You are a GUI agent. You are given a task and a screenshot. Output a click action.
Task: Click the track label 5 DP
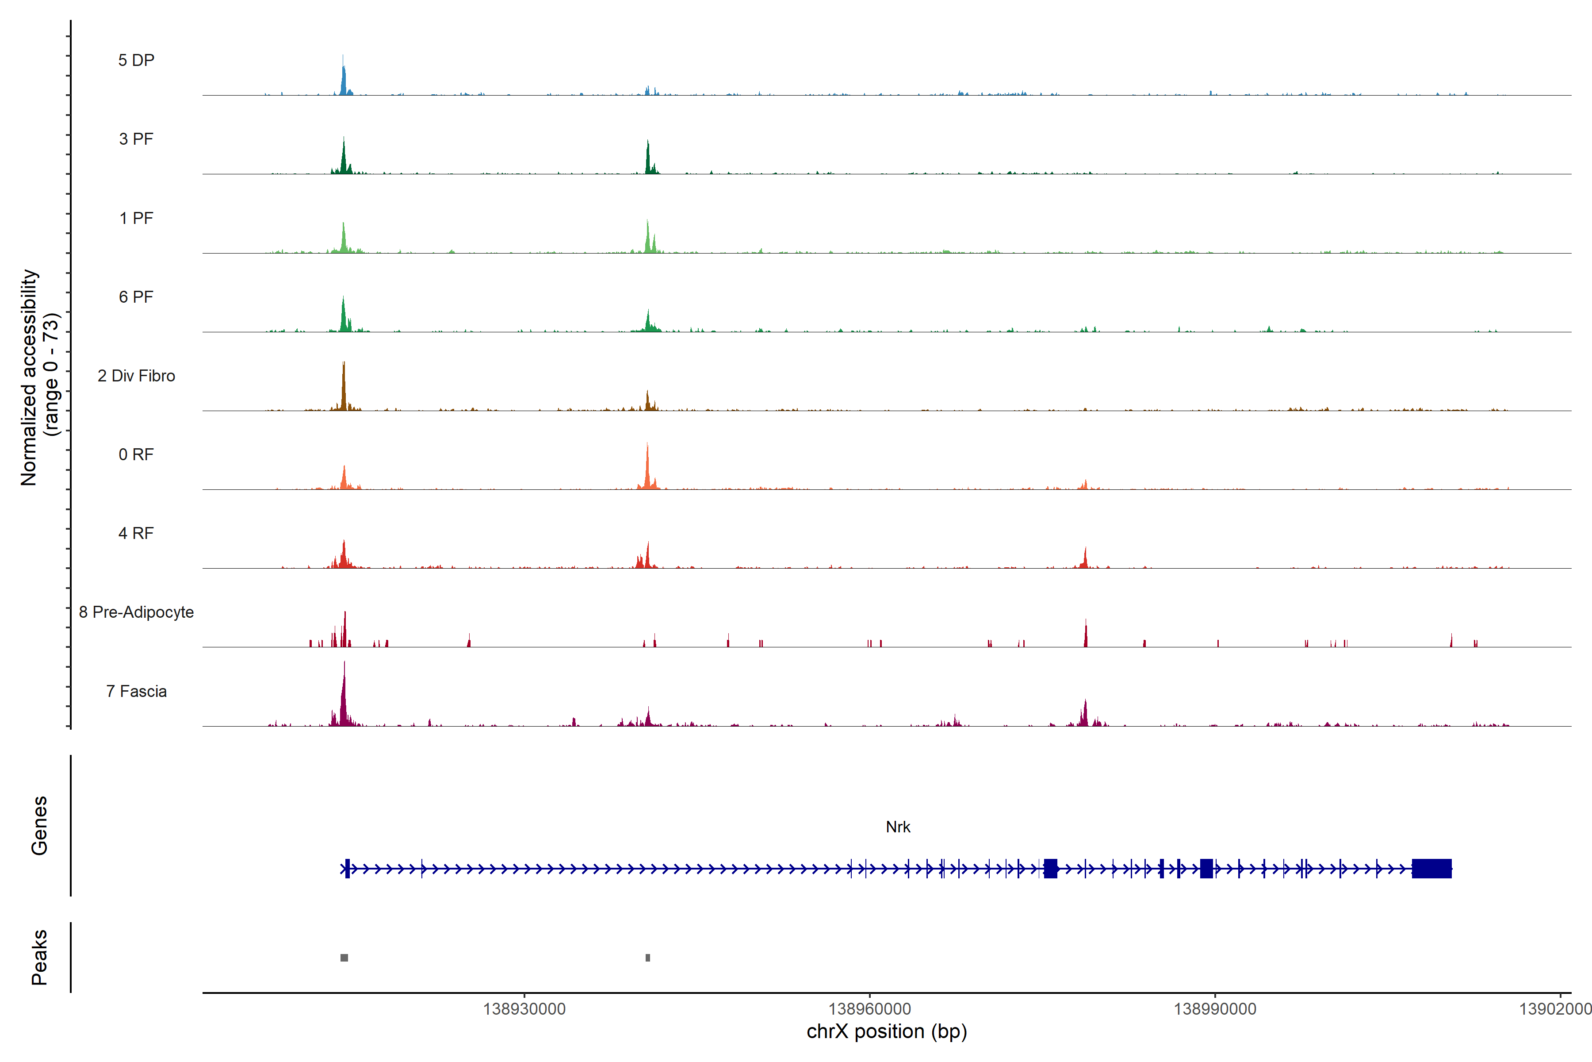(136, 60)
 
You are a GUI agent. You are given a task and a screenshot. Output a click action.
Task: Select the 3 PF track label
(136, 139)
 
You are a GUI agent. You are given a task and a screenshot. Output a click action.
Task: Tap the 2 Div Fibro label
(136, 376)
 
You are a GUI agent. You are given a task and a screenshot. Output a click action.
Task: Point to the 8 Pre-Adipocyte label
(136, 612)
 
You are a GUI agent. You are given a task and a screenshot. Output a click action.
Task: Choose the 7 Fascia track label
(136, 692)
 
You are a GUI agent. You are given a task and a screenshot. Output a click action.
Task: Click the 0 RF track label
(136, 454)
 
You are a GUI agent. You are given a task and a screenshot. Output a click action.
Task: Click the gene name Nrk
(898, 827)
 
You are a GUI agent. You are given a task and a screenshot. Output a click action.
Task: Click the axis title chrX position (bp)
(887, 1031)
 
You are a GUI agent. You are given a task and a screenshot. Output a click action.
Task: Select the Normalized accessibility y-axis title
(39, 377)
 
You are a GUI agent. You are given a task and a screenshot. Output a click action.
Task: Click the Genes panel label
(39, 826)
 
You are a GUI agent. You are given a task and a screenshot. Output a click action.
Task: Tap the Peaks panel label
(39, 957)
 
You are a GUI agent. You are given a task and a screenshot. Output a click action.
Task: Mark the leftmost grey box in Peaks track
(344, 958)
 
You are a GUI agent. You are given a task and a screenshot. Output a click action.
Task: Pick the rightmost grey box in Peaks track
(648, 958)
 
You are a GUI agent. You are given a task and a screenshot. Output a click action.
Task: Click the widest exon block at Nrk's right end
(1431, 868)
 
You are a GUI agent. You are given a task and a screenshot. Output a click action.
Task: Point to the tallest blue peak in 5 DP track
(343, 74)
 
